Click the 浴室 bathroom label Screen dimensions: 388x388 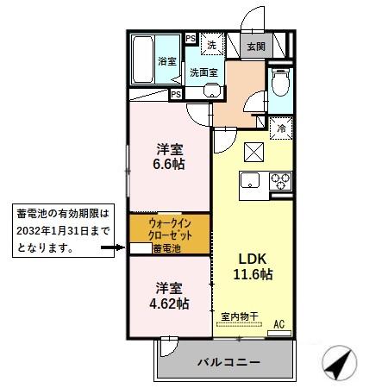166,60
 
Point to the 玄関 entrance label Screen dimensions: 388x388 256,47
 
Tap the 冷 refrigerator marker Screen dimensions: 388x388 281,129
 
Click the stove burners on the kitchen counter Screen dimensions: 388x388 281,181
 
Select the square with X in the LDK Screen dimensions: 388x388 254,152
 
